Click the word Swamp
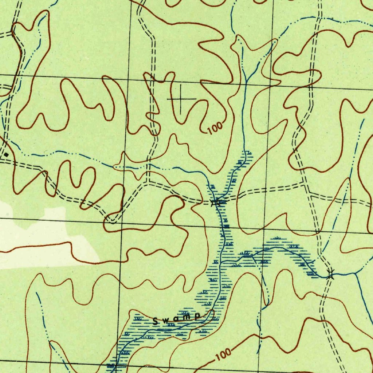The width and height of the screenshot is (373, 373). [x=177, y=319]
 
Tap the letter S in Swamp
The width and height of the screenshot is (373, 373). [x=156, y=321]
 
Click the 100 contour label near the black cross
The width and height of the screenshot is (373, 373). [x=215, y=128]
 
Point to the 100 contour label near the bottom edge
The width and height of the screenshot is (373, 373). [x=223, y=354]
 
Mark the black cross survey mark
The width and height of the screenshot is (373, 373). [x=181, y=99]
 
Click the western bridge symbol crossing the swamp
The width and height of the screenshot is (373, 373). [x=217, y=202]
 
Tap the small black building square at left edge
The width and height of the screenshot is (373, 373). [x=6, y=154]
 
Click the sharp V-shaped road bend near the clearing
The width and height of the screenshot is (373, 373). [x=114, y=221]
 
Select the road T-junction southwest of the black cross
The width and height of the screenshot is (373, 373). [x=147, y=182]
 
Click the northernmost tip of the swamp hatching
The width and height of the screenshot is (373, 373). [x=248, y=152]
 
